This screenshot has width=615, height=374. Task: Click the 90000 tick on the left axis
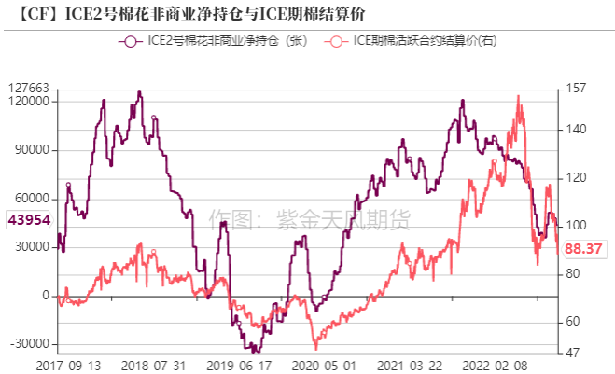coord(33,150)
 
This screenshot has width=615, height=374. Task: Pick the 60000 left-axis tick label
coord(33,199)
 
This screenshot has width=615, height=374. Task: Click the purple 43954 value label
coord(28,220)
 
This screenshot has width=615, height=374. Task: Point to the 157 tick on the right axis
coord(575,88)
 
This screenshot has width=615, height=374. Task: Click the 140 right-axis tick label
coord(575,129)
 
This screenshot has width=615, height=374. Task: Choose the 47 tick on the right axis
coord(572,353)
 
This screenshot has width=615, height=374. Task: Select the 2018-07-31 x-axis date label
coord(154,365)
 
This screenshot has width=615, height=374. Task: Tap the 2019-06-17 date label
coord(238,365)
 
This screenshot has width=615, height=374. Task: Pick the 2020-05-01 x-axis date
coord(322,365)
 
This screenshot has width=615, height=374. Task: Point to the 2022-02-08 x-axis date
coord(492,365)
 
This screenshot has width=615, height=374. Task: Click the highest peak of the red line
coord(518,95)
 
